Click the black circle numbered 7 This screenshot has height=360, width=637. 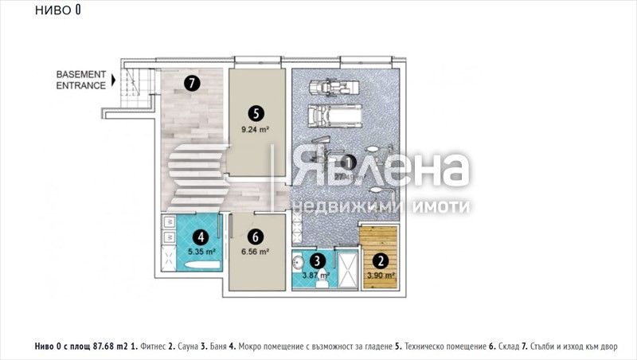coord(190,82)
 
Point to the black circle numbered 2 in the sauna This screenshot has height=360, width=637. coord(381,260)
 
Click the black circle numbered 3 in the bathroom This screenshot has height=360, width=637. coord(317,260)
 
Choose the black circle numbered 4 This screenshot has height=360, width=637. coord(201,237)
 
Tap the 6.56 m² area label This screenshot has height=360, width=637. coord(255,251)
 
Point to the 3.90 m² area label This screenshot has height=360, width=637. coord(381,276)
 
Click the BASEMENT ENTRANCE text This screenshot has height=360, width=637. coord(80,80)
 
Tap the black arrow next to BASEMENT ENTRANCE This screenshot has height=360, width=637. coord(115,80)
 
